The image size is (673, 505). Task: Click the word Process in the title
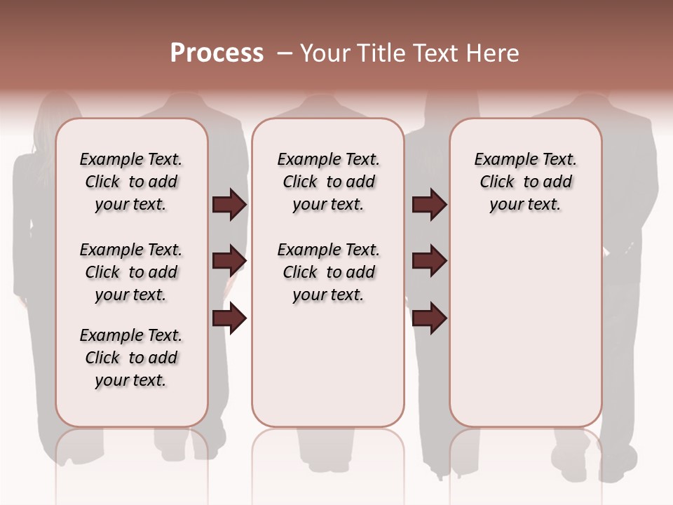point(217,53)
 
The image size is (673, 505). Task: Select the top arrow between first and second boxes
point(229,205)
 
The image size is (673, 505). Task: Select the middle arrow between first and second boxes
point(229,261)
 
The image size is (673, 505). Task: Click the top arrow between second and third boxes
point(429,205)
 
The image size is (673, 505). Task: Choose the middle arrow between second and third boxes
point(429,261)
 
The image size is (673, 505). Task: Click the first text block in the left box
point(131,182)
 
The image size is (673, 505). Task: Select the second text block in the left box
point(131,272)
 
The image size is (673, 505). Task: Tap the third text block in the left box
point(131,358)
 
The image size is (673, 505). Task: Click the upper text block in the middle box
point(328,182)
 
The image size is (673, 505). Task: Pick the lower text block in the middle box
point(328,272)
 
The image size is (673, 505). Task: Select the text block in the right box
point(525,182)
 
